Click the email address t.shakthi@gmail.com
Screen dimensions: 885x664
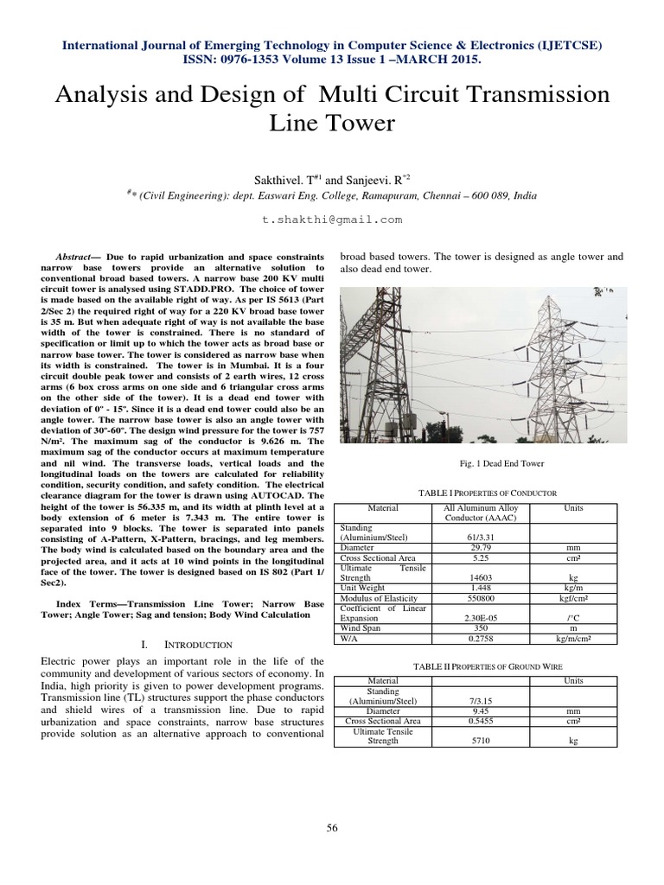pyautogui.click(x=332, y=220)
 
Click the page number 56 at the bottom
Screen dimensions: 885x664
pyautogui.click(x=332, y=828)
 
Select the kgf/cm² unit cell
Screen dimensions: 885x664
pyautogui.click(x=573, y=598)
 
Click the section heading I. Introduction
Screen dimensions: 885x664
pyautogui.click(x=185, y=645)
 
